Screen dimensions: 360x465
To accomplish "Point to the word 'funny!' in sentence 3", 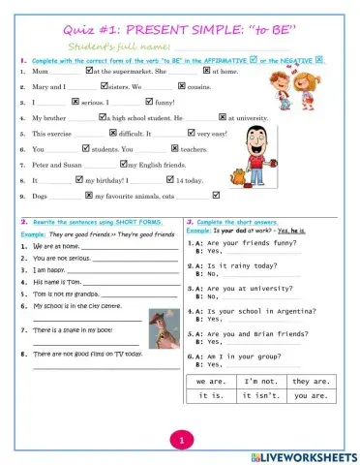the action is pyautogui.click(x=165, y=102).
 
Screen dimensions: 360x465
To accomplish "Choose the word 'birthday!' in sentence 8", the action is pyautogui.click(x=115, y=180).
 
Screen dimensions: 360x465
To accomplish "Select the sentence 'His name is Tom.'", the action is pyautogui.click(x=59, y=281).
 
